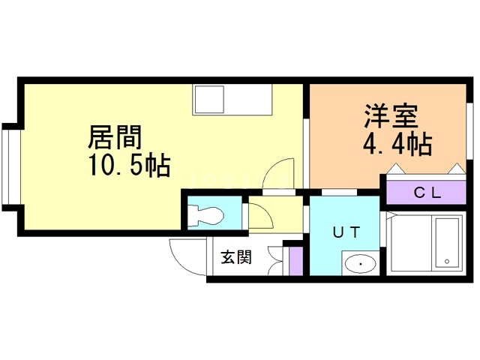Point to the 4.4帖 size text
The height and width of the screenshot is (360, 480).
click(397, 143)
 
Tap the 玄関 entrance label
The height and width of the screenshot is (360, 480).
click(235, 257)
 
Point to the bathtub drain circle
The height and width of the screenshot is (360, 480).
click(448, 262)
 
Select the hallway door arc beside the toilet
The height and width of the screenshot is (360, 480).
click(262, 216)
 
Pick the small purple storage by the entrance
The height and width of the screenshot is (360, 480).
click(295, 259)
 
